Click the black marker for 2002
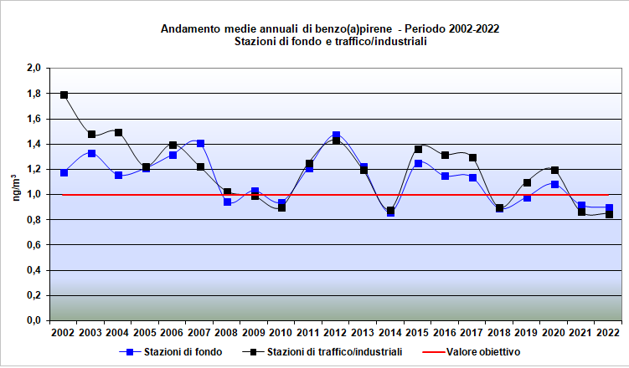pos(64,95)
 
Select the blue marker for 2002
pos(64,172)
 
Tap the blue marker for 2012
pos(336,135)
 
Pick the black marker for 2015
pos(418,150)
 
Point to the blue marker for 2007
pos(200,144)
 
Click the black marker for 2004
pos(118,132)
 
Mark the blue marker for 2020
pos(554,184)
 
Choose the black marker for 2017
pos(472,157)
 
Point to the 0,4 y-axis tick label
pos(34,270)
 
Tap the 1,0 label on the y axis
pos(34,195)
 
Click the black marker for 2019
pos(527,182)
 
